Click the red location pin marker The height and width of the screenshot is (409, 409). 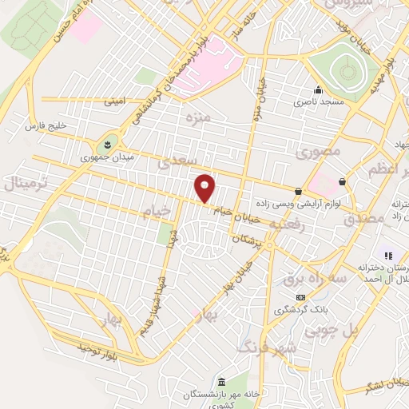[x=205, y=188]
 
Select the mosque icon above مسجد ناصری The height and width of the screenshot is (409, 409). [x=318, y=89]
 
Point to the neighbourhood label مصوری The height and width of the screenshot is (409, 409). [x=319, y=151]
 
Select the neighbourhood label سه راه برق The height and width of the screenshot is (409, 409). [x=309, y=278]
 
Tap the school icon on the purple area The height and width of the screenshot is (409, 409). [x=387, y=256]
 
